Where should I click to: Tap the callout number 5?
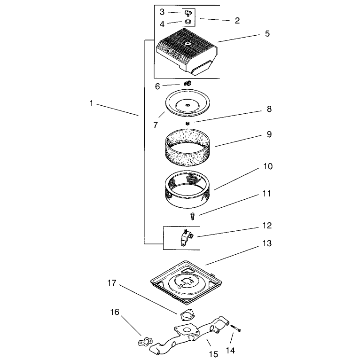pyautogui.click(x=267, y=33)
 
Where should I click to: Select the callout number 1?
pyautogui.click(x=91, y=103)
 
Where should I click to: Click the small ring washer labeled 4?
pyautogui.click(x=188, y=22)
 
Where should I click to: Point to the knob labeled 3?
pyautogui.click(x=188, y=13)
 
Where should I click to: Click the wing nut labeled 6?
pyautogui.click(x=188, y=83)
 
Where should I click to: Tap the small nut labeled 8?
pyautogui.click(x=188, y=124)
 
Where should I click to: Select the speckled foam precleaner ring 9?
pyautogui.click(x=188, y=148)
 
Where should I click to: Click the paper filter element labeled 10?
pyautogui.click(x=187, y=189)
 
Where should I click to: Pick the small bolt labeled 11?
pyautogui.click(x=192, y=216)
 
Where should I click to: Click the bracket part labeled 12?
pyautogui.click(x=187, y=238)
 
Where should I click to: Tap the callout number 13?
pyautogui.click(x=267, y=243)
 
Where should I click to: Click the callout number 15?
pyautogui.click(x=213, y=354)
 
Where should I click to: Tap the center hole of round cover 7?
pyautogui.click(x=188, y=105)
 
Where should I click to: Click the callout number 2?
pyautogui.click(x=237, y=20)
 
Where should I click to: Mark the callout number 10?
pyautogui.click(x=268, y=166)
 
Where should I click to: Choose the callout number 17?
pyautogui.click(x=112, y=283)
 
